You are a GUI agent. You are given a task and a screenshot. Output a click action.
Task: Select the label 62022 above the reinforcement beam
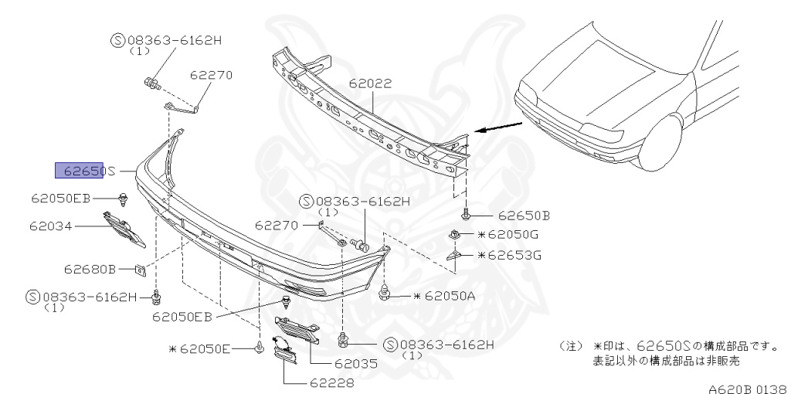[x=370, y=83]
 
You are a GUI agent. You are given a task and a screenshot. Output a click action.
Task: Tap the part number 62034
[x=50, y=226]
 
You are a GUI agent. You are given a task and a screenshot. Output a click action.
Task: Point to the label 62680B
[x=90, y=269]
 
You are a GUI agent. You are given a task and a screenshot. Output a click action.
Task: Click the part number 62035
[x=356, y=363]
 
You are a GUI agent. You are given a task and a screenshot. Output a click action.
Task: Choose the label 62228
[x=332, y=383]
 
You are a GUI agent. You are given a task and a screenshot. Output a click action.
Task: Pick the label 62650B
[x=525, y=216]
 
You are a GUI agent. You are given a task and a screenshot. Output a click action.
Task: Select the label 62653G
[x=510, y=255]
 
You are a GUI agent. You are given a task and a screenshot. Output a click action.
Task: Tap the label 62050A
[x=444, y=296]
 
